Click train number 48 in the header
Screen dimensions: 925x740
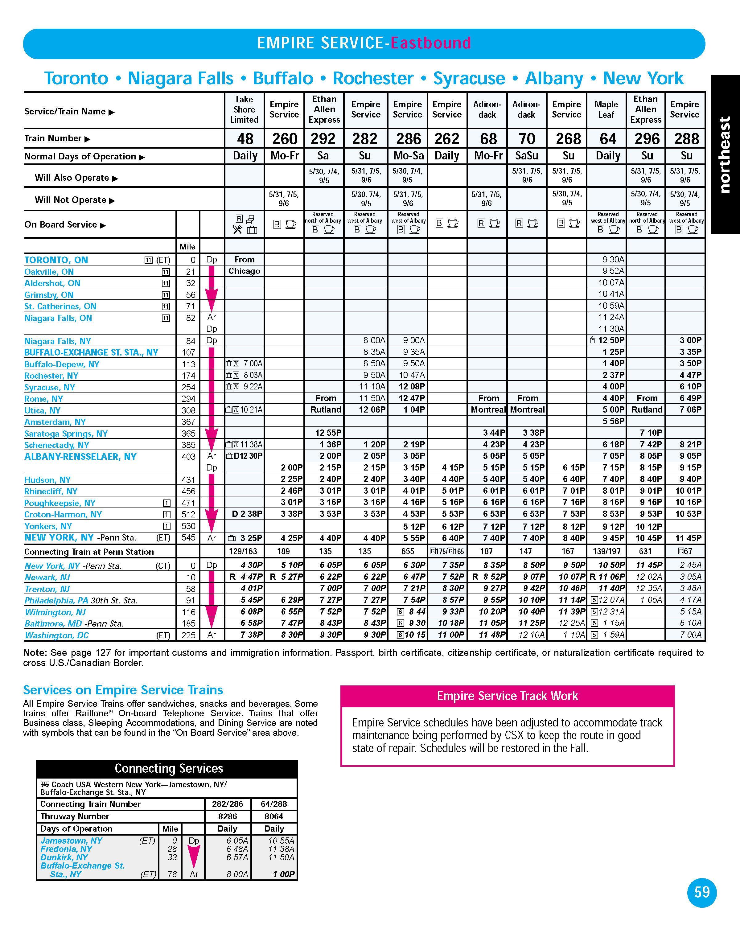pos(245,138)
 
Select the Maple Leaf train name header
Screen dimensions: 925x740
pos(606,110)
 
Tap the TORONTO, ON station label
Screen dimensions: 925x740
pos(56,260)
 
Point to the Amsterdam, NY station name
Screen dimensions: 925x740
pos(55,422)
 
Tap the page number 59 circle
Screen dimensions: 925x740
pos(702,892)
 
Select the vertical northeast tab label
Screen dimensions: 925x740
pos(725,154)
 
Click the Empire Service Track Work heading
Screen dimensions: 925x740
pos(507,696)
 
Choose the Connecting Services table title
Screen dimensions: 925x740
pos(169,768)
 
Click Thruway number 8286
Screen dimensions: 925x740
pos(227,816)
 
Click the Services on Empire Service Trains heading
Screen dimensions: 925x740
pos(123,690)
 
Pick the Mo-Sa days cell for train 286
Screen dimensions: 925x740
pos(408,156)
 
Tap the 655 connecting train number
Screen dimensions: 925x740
pos(408,551)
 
